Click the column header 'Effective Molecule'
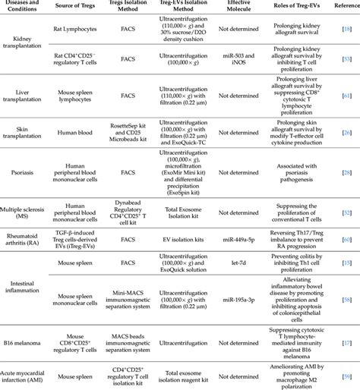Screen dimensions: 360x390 point(245,8)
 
